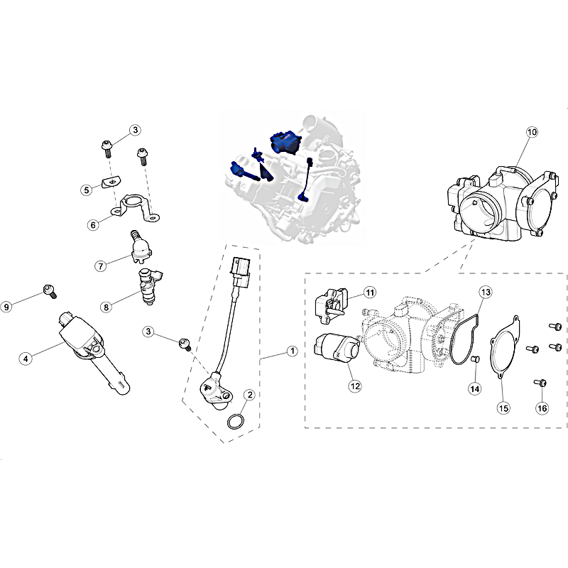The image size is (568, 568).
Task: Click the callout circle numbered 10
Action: [532, 132]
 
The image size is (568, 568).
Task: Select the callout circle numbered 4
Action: [26, 359]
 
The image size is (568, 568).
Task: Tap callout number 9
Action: [6, 307]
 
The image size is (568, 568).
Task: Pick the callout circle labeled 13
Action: [486, 292]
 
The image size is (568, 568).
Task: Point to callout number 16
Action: [542, 408]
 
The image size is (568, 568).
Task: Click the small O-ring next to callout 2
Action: [236, 422]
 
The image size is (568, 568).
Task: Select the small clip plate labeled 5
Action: [111, 182]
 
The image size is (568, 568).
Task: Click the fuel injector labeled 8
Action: [150, 286]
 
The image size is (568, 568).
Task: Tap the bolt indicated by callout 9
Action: [50, 291]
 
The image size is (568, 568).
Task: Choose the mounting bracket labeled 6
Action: [136, 208]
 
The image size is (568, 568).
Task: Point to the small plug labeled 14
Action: [476, 359]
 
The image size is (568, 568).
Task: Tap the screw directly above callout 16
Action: [540, 383]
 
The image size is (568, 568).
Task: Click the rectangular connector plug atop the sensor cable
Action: [239, 272]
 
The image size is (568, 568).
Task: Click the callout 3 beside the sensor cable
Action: [148, 332]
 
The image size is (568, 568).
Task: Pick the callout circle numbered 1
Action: [292, 351]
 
